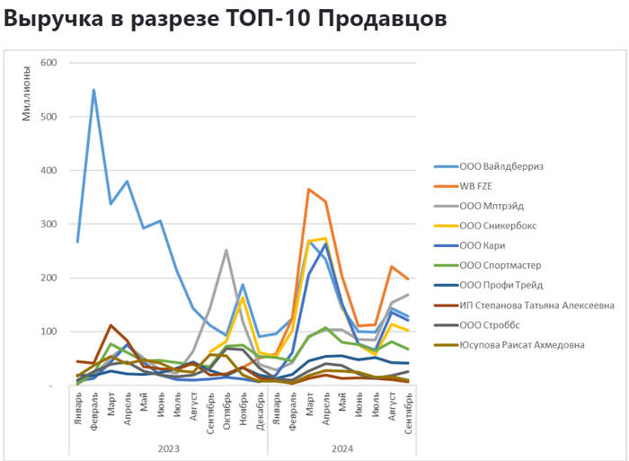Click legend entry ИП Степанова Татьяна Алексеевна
[536, 306]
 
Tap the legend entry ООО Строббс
[492, 325]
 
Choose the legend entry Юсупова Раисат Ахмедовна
[524, 345]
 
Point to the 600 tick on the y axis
[49, 63]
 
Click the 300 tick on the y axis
[49, 224]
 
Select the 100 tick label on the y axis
[49, 332]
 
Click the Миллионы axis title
[27, 90]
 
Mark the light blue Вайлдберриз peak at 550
[93, 90]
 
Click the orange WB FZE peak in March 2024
[309, 190]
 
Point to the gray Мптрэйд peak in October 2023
[226, 251]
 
